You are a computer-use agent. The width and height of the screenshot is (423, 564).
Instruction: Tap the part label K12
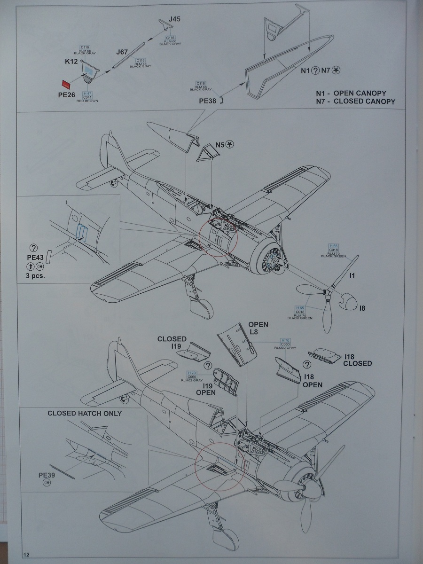71,62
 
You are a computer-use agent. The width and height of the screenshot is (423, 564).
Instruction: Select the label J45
175,19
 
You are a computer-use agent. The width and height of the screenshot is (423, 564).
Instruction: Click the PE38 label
207,100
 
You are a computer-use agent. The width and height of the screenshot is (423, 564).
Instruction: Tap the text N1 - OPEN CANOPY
355,93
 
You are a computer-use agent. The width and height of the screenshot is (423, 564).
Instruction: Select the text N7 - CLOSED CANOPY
355,101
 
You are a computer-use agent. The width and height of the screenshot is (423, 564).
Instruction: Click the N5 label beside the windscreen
220,144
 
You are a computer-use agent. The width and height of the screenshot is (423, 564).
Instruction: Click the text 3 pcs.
35,275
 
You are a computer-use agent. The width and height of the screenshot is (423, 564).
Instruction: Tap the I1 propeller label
352,276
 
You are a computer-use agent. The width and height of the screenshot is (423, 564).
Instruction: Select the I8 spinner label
362,308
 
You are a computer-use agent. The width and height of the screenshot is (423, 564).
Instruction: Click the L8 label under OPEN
254,332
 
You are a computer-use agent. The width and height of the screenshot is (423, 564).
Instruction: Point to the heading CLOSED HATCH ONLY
85,414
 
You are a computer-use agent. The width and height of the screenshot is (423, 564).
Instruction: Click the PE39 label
47,475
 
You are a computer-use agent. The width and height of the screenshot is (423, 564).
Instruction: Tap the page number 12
26,555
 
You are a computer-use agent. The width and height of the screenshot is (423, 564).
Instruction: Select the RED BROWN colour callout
87,101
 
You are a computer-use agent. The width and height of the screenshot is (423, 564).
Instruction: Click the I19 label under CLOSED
176,346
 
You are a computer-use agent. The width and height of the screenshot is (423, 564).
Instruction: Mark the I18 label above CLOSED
350,357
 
